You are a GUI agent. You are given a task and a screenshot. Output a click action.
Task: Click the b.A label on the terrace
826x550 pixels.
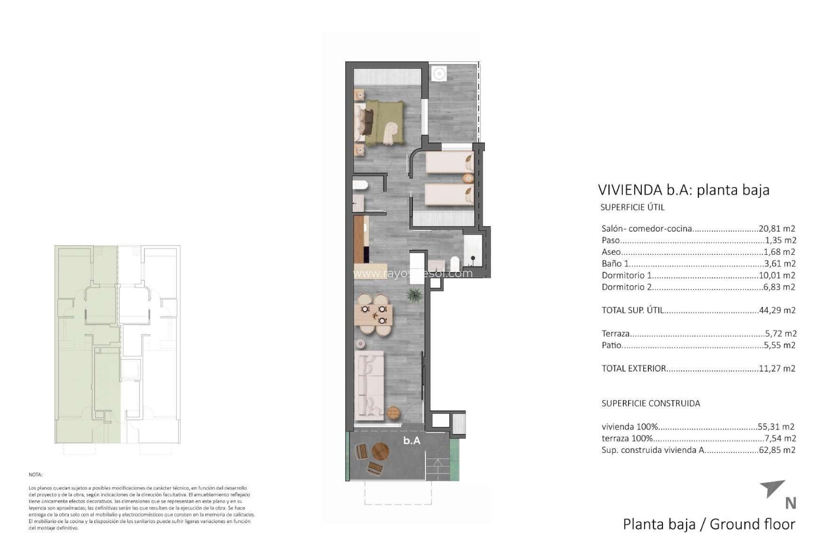point(412,441)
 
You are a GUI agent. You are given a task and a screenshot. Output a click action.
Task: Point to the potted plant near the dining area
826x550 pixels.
point(414,296)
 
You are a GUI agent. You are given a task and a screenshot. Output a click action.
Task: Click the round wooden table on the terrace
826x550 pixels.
point(380,452)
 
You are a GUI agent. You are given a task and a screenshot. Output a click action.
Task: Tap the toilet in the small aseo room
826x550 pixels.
point(360,186)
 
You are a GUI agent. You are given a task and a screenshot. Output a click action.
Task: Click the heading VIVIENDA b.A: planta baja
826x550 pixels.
point(684,189)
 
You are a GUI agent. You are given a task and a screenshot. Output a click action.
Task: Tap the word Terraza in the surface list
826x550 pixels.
point(616,333)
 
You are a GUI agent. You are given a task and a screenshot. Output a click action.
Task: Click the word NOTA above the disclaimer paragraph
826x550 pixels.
point(36,475)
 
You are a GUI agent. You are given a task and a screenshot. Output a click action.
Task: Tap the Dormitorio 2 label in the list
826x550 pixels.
point(626,287)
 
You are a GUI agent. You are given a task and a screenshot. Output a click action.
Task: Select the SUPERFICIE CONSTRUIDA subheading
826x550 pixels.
point(650,403)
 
